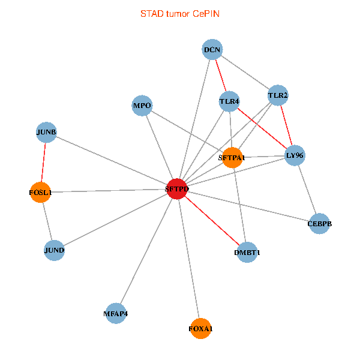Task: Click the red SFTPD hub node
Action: point(176,188)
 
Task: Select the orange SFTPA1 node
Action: point(232,158)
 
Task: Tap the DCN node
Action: point(212,50)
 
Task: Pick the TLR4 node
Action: point(229,101)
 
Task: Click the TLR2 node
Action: point(277,95)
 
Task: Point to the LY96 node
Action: point(295,155)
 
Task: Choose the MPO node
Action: point(142,106)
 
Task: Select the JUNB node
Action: point(46,133)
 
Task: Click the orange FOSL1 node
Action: point(40,193)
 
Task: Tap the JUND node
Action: point(54,250)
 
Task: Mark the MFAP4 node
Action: point(116,313)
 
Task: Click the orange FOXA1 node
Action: point(200,328)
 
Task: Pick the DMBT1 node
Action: point(248,252)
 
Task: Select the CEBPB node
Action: point(319,224)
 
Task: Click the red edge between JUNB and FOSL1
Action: point(43,163)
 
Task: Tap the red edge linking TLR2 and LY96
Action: point(286,125)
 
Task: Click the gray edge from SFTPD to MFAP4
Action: point(146,251)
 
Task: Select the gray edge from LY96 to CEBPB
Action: point(307,190)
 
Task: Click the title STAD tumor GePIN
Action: point(179,13)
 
